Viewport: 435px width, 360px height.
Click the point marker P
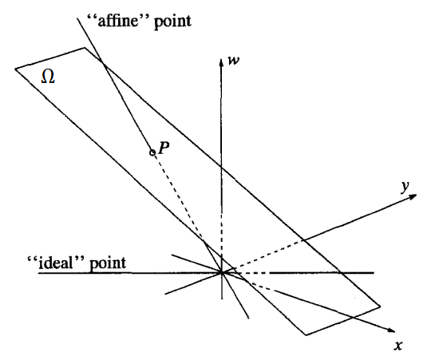tap(152, 152)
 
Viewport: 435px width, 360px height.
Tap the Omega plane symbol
tap(48, 77)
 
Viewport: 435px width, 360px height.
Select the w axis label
tap(233, 61)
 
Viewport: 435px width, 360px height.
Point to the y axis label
tap(405, 186)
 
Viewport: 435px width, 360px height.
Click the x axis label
tap(398, 346)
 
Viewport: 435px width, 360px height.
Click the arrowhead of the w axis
tap(221, 63)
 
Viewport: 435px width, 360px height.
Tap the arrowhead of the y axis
tap(413, 196)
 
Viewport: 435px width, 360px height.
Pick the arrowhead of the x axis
tap(391, 330)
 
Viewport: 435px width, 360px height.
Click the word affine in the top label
tap(117, 21)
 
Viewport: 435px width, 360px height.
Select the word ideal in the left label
tap(56, 263)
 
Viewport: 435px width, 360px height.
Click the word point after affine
tap(172, 22)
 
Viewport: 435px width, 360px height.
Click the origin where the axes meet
tap(222, 273)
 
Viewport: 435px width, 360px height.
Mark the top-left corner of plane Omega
tap(15, 68)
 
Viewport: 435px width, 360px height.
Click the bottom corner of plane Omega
tap(306, 335)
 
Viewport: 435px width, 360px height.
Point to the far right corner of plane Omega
tap(380, 307)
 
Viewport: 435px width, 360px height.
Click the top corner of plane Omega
tap(85, 48)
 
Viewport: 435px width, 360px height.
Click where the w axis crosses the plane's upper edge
tap(221, 167)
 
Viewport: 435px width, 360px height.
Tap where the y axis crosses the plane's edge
tap(304, 239)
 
